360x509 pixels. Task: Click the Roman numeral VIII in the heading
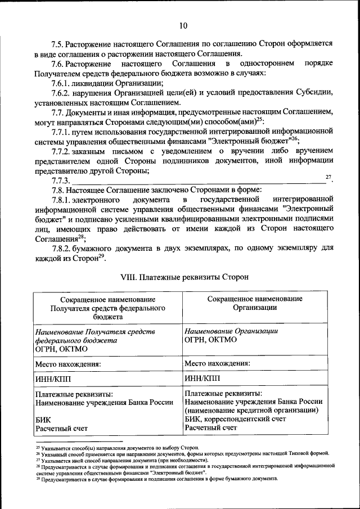coord(130,277)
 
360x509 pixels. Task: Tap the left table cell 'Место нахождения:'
coord(68,364)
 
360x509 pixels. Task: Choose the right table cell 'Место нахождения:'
coord(217,363)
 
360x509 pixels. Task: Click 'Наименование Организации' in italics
coord(231,331)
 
